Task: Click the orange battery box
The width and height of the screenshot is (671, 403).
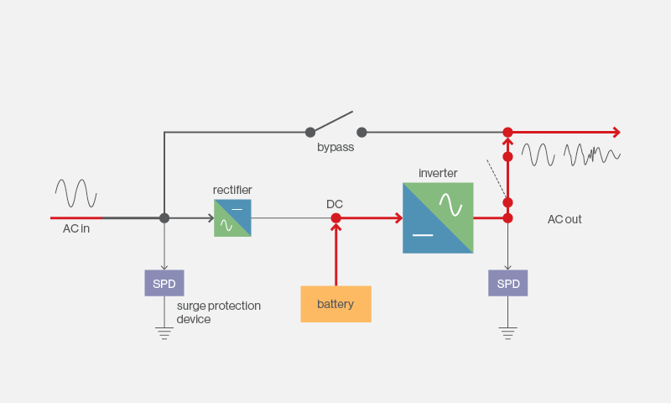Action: tap(336, 304)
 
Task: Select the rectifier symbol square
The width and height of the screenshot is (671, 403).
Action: tap(233, 218)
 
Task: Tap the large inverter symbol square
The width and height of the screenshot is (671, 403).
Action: tap(438, 218)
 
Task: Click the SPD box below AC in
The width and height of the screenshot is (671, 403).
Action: tap(164, 283)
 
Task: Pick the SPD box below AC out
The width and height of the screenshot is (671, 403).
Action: tap(508, 283)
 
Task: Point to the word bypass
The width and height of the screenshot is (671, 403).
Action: tap(335, 147)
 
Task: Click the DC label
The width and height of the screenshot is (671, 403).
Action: tap(335, 204)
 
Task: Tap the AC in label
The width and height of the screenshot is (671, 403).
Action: tap(76, 228)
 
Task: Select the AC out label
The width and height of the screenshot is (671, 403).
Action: tap(564, 219)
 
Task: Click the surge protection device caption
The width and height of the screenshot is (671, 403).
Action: tap(219, 312)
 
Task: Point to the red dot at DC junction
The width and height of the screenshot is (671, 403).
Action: tap(336, 218)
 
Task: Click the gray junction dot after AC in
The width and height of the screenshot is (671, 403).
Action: tap(164, 218)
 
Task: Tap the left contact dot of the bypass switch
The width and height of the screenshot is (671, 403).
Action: tap(310, 133)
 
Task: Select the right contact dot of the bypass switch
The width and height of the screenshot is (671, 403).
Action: tap(362, 133)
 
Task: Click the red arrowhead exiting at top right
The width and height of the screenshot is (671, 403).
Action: tap(616, 133)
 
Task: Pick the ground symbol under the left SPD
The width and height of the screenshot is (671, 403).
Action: tap(164, 333)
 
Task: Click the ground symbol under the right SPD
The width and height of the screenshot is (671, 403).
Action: tap(508, 333)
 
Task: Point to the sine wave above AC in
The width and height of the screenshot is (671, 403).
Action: tap(75, 193)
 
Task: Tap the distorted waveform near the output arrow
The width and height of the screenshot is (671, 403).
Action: tap(592, 154)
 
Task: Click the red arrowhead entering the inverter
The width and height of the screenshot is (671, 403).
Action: tap(399, 218)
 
